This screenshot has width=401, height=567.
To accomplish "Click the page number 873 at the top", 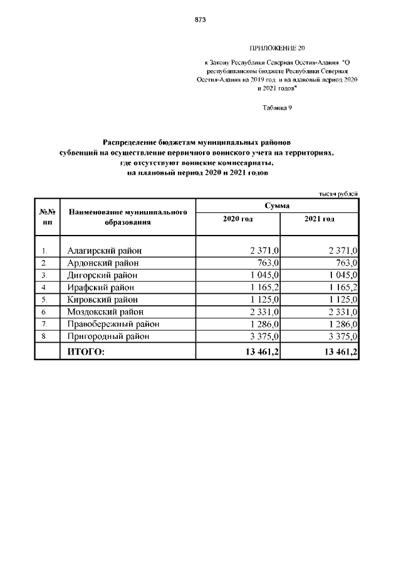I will pos(200,19).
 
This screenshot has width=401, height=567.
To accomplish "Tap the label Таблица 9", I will pos(276,107).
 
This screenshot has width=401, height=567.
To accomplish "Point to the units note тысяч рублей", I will pos(339,194).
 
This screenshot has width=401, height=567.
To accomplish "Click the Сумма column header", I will pos(276,206).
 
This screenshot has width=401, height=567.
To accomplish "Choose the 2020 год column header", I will pos(237,219).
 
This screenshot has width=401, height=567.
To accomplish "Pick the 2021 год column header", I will pos(319,219).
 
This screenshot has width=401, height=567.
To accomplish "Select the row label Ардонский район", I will pos(103,263).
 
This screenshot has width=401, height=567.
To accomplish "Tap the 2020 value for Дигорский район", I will pos(262,275).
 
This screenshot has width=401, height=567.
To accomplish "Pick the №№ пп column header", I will pos(47,217).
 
